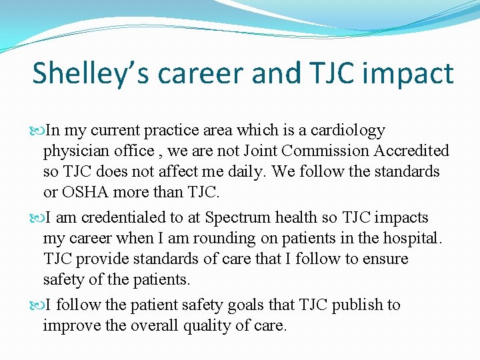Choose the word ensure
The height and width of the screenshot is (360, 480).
(x=383, y=259)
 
